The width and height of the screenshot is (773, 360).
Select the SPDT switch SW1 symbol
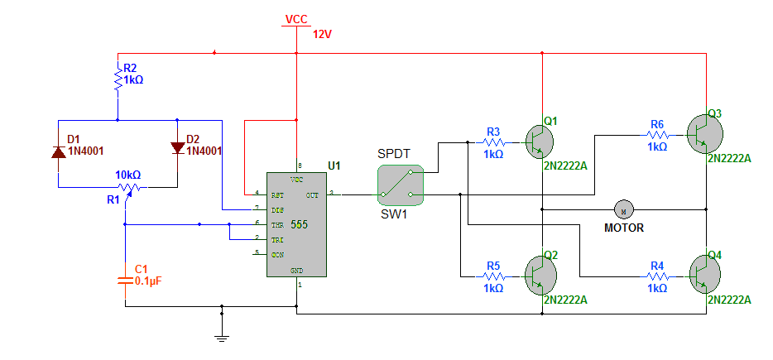(401, 185)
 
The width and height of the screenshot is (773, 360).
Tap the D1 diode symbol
(59, 152)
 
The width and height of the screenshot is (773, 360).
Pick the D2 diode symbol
(177, 148)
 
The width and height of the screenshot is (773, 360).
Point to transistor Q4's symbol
(705, 272)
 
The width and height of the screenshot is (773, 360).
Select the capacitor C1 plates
(125, 281)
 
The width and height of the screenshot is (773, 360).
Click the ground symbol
(222, 338)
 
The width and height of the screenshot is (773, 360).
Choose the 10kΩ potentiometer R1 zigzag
(129, 187)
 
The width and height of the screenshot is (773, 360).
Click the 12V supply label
(324, 34)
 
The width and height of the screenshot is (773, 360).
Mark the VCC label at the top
(296, 19)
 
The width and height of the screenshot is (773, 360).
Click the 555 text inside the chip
(299, 225)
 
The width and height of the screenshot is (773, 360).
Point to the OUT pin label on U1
(313, 194)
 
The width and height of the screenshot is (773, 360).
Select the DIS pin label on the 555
(277, 209)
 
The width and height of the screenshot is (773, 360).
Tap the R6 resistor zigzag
(658, 134)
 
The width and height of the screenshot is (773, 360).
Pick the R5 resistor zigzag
(493, 276)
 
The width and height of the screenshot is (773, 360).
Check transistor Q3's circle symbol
(705, 134)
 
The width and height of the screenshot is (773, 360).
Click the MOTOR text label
(624, 228)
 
